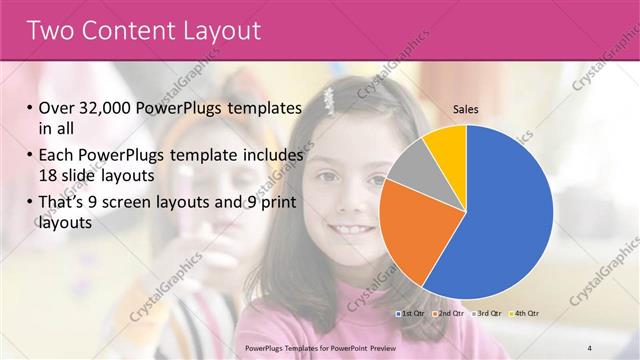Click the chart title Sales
coord(466,109)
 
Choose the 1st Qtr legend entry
coord(409,313)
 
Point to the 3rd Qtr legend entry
coord(484,313)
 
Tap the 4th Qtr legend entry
coord(521,313)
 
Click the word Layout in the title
coord(217,30)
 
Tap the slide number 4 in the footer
coord(589,347)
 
